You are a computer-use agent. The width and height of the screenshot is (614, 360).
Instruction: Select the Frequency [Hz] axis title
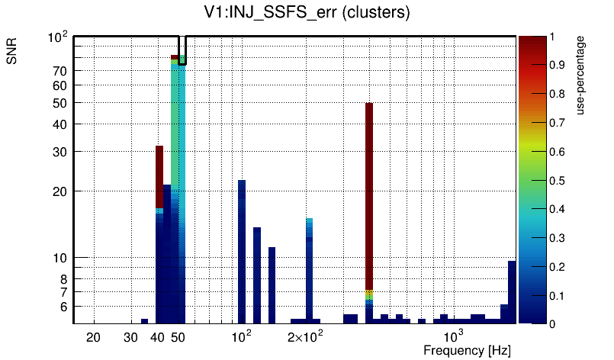pos(467,350)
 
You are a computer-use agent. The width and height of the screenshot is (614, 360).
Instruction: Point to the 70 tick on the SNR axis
pos(60,71)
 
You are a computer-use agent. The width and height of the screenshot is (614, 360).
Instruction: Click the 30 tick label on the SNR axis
pos(60,152)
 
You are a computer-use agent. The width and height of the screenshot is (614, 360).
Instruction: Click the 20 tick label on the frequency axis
pos(93,337)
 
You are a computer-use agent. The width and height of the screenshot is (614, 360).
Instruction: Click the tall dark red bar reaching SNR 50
pos(369,191)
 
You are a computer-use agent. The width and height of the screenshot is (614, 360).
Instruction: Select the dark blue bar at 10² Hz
pos(242,252)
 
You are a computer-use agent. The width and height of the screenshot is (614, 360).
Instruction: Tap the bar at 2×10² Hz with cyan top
pos(310,267)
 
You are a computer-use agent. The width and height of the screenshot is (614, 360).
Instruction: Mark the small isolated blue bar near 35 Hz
pos(144,321)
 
